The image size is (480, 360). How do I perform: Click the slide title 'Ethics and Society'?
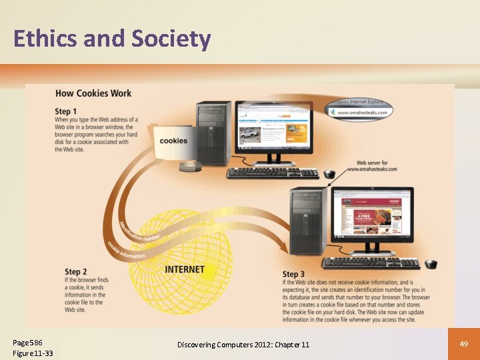point(112,39)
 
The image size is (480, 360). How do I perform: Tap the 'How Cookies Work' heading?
point(93,93)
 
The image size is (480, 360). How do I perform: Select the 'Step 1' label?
point(66,111)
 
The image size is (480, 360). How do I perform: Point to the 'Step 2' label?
point(75,272)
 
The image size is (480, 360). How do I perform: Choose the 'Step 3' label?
point(293,275)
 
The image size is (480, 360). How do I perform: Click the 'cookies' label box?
point(173,141)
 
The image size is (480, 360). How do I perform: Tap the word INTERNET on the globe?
point(185,270)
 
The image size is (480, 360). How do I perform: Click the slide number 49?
point(465,343)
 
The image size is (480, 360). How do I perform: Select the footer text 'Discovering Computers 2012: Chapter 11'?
point(243,344)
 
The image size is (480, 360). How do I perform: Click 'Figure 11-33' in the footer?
point(33,353)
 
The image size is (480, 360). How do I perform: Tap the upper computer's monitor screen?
point(273,129)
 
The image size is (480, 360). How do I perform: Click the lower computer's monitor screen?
point(373,216)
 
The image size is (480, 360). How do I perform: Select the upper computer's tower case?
point(213,133)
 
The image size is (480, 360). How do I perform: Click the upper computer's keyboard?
point(273,173)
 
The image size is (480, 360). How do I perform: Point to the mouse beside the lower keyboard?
point(431,263)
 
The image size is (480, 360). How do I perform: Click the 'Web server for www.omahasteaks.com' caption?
point(377,166)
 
